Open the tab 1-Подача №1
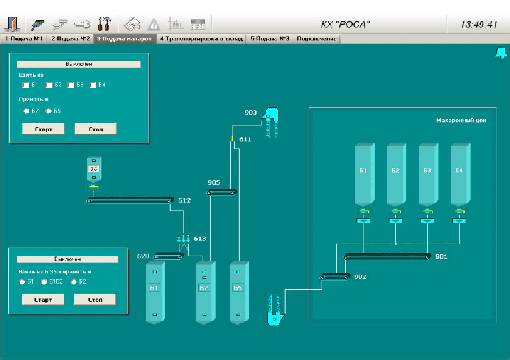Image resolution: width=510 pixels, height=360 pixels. pyautogui.click(x=24, y=39)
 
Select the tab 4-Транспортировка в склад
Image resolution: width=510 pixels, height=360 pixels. pyautogui.click(x=201, y=39)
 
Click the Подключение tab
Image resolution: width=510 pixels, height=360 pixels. pyautogui.click(x=317, y=39)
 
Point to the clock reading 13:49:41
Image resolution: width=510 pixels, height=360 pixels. pyautogui.click(x=479, y=25)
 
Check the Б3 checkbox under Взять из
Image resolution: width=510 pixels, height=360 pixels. pyautogui.click(x=71, y=85)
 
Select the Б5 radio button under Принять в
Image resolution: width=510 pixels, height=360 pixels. pyautogui.click(x=48, y=111)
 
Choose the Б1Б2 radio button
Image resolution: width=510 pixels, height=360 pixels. pyautogui.click(x=44, y=281)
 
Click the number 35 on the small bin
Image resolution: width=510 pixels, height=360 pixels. pyautogui.click(x=94, y=169)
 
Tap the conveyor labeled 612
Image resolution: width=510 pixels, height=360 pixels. pyautogui.click(x=130, y=200)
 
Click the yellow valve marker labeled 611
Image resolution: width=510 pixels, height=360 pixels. pyautogui.click(x=233, y=139)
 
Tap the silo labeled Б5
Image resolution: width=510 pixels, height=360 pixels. pyautogui.click(x=238, y=293)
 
